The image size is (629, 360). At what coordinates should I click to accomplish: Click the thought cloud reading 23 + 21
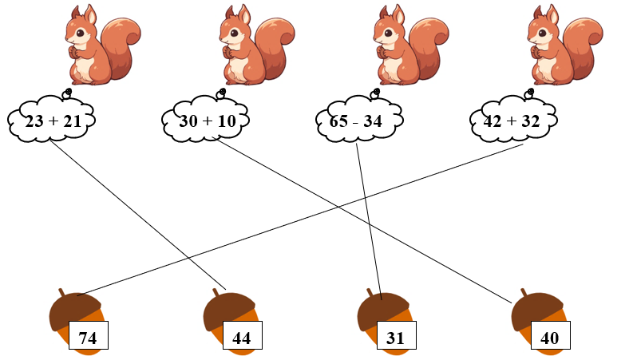coord(52,121)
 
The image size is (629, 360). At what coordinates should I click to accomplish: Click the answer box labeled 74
coord(88,338)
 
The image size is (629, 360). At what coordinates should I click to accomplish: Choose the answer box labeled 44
coord(242,338)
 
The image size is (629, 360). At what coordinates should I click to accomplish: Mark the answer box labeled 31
coord(396,338)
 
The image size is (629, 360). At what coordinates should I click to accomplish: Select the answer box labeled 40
coord(550,338)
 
